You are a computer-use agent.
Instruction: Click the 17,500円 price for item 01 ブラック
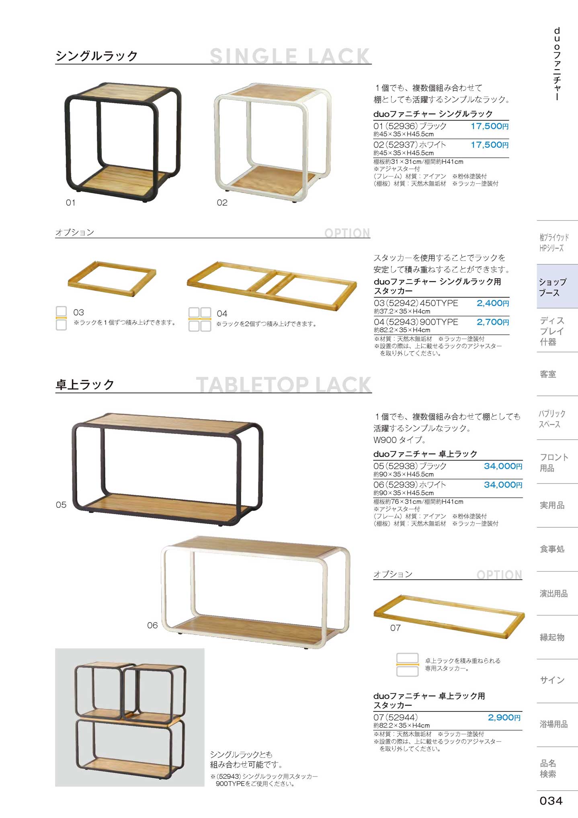pos(490,126)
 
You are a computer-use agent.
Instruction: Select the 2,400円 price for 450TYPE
pos(493,303)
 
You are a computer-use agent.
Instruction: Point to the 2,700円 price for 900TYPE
pos(493,322)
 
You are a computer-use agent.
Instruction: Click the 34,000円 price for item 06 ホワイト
pos(503,485)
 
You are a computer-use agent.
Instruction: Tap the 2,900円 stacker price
pos(504,718)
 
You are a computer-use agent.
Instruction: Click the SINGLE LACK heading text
pos(289,56)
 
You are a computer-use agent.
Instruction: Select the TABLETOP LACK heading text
pos(283,385)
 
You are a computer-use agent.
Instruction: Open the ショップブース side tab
pos(557,287)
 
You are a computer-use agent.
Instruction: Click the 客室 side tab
pos(548,374)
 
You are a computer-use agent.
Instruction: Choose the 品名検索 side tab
pos(548,769)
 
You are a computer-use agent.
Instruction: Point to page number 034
pos(551,801)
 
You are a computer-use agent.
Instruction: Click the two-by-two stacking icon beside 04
pos(200,320)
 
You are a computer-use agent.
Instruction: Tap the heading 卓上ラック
pos(85,385)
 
